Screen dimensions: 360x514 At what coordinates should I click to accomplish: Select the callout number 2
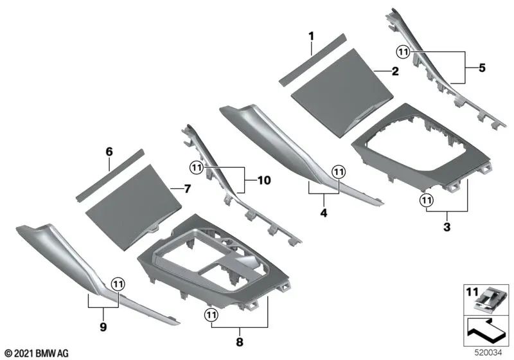(394, 73)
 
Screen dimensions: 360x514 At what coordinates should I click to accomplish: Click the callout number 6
(109, 152)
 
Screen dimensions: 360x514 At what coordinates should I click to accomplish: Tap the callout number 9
(103, 325)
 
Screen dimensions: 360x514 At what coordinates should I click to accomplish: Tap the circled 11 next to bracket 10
(196, 167)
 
